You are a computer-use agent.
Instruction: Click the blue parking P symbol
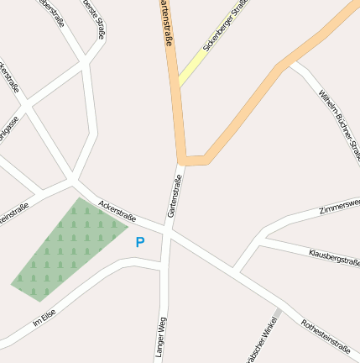(140, 242)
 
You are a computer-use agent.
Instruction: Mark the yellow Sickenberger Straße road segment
(191, 69)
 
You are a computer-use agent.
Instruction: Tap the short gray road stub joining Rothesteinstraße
(278, 313)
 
